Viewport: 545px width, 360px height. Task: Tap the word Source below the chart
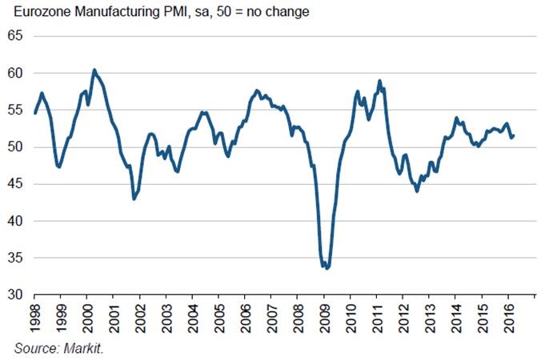tap(34, 349)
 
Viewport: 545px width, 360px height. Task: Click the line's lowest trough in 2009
tap(327, 268)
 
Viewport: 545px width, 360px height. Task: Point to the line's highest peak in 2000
tap(94, 70)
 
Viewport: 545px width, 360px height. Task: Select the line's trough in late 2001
tap(134, 198)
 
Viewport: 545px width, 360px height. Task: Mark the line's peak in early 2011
tap(379, 81)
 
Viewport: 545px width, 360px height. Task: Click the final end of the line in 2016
tap(513, 135)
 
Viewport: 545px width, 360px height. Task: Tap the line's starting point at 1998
tap(35, 113)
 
